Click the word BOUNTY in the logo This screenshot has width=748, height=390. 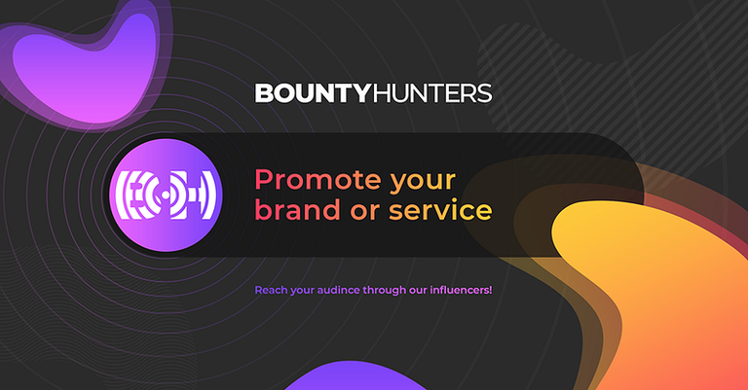pos(313,93)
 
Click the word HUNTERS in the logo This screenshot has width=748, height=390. pos(431,93)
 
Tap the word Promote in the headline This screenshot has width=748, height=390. pos(318,180)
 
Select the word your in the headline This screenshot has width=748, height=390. pos(423,183)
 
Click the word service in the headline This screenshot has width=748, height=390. pos(440,210)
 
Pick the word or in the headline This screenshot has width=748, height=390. pos(365,212)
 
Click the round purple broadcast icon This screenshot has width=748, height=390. pos(166,195)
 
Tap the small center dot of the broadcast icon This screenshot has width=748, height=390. pos(166,195)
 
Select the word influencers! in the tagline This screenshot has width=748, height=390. pos(461,290)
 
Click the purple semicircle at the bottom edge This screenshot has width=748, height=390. pos(355,376)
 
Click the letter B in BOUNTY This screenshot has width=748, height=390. pos(263,93)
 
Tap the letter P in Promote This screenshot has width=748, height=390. pos(263,180)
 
